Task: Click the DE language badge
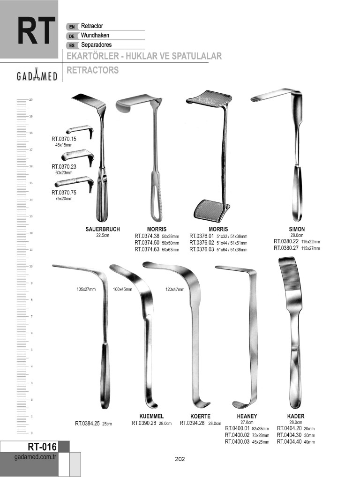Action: coord(72,36)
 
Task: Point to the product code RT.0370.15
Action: coord(64,139)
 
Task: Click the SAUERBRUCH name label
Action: coord(103,230)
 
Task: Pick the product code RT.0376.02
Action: coord(202,243)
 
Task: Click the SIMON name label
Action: coord(297,230)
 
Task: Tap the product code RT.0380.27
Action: coord(286,248)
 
